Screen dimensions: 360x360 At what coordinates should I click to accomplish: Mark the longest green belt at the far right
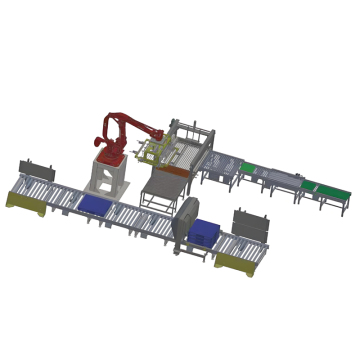coord(327,187)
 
